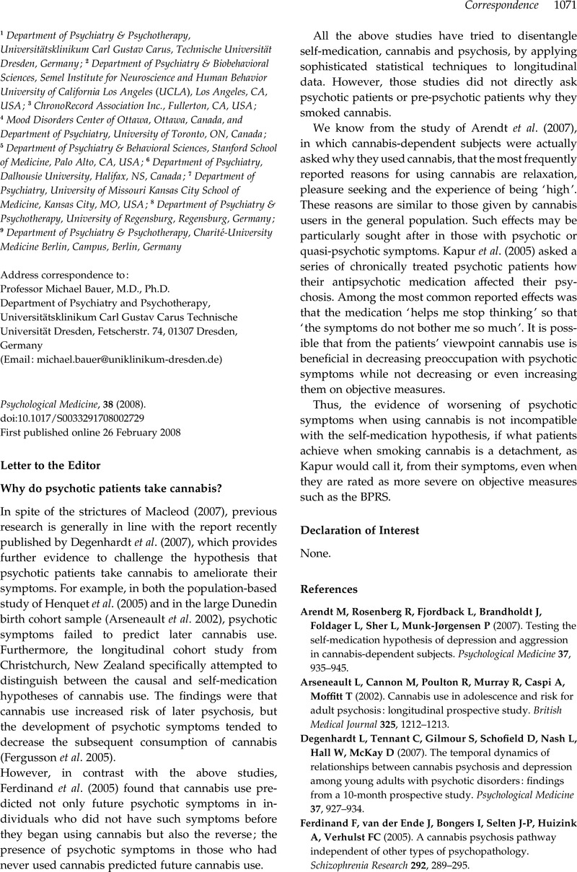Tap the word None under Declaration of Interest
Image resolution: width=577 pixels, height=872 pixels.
[314, 555]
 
